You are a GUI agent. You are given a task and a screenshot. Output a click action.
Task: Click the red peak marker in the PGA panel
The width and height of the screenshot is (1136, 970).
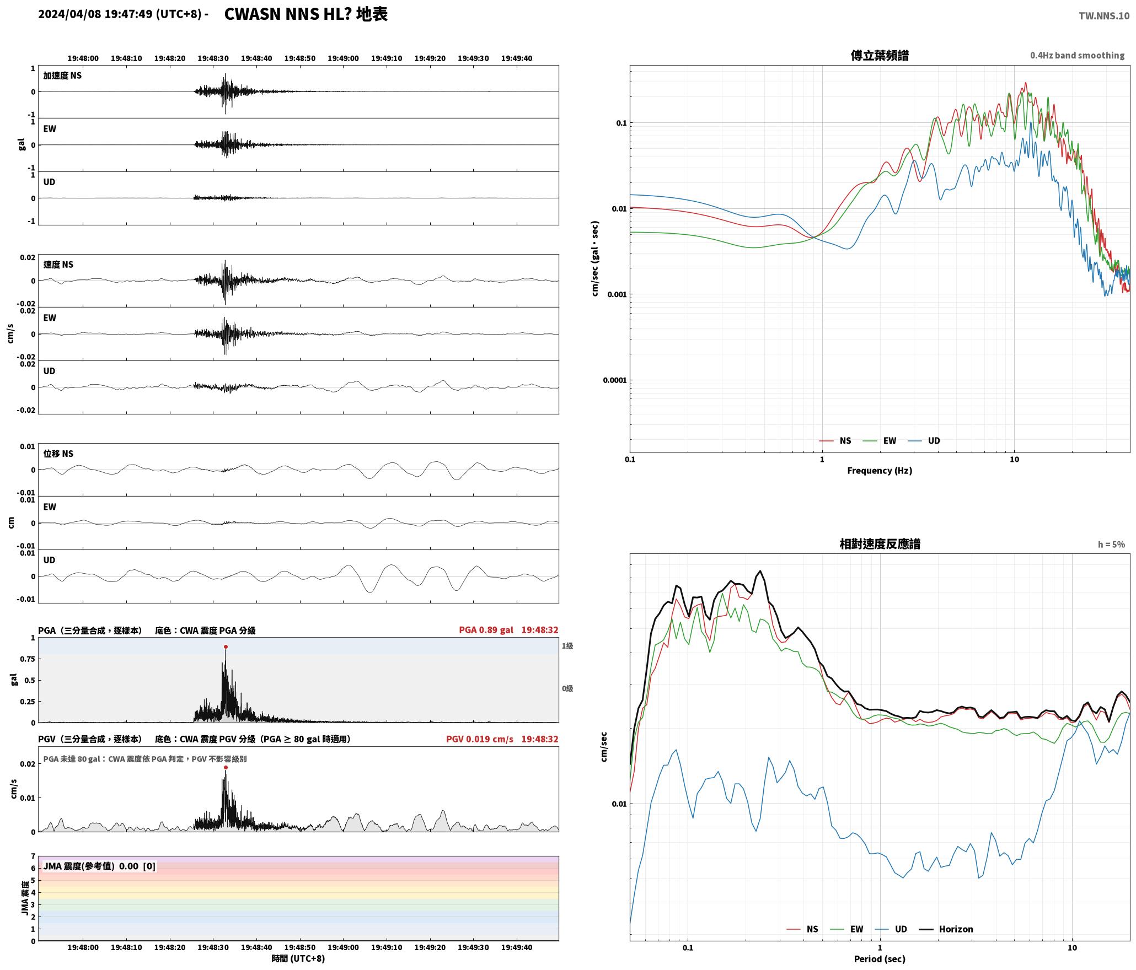tap(226, 646)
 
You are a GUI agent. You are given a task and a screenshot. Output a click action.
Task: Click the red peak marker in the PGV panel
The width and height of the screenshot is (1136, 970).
tap(226, 767)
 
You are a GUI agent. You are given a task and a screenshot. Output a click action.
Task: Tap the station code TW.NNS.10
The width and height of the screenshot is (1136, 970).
tap(1104, 15)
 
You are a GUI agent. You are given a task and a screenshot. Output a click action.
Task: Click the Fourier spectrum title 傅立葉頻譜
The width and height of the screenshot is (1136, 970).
tap(880, 55)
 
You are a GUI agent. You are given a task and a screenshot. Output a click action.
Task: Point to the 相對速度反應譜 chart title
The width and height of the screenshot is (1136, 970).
tap(880, 543)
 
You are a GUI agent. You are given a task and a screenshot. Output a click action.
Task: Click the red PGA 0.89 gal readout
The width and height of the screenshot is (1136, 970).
tap(486, 629)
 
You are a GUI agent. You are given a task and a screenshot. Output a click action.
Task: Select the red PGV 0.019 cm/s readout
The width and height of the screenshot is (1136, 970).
tap(479, 739)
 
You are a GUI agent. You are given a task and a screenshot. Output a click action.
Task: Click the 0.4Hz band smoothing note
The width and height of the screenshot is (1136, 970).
tap(1077, 55)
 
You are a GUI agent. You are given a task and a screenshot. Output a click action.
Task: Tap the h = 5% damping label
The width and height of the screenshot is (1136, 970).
tap(1111, 544)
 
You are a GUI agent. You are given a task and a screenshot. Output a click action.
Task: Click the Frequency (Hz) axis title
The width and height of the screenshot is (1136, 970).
tap(880, 470)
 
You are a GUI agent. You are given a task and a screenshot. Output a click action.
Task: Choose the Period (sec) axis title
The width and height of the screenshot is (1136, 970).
tap(880, 958)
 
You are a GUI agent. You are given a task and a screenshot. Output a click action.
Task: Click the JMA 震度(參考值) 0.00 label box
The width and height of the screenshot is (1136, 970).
tap(99, 866)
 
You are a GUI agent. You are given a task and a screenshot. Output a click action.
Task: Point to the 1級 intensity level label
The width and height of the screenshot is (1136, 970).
tap(567, 645)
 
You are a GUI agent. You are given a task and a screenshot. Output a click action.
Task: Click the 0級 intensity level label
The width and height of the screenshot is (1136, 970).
tap(567, 688)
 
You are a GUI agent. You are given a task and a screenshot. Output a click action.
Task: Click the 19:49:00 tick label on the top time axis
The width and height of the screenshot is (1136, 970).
tap(343, 58)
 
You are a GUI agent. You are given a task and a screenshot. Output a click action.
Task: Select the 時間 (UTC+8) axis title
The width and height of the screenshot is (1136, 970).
tap(298, 958)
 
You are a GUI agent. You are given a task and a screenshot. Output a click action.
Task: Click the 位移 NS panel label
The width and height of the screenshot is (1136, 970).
tap(58, 453)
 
